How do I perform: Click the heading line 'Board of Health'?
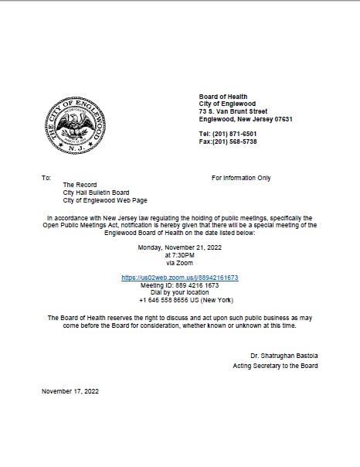pyautogui.click(x=223, y=97)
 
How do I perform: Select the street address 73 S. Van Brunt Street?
pyautogui.click(x=233, y=111)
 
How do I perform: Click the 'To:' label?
pyautogui.click(x=46, y=178)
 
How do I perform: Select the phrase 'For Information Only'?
pyautogui.click(x=241, y=178)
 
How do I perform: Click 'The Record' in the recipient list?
pyautogui.click(x=80, y=185)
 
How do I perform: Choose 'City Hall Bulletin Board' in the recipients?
pyautogui.click(x=96, y=193)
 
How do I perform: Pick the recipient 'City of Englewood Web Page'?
pyautogui.click(x=101, y=200)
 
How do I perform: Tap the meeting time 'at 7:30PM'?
pyautogui.click(x=180, y=255)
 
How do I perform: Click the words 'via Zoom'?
pyautogui.click(x=180, y=263)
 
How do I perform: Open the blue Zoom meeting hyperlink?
pyautogui.click(x=180, y=278)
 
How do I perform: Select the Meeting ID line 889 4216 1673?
pyautogui.click(x=180, y=285)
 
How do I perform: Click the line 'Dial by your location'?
pyautogui.click(x=180, y=292)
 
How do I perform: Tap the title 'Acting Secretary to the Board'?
pyautogui.click(x=275, y=366)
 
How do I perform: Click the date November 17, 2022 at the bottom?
pyautogui.click(x=70, y=391)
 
